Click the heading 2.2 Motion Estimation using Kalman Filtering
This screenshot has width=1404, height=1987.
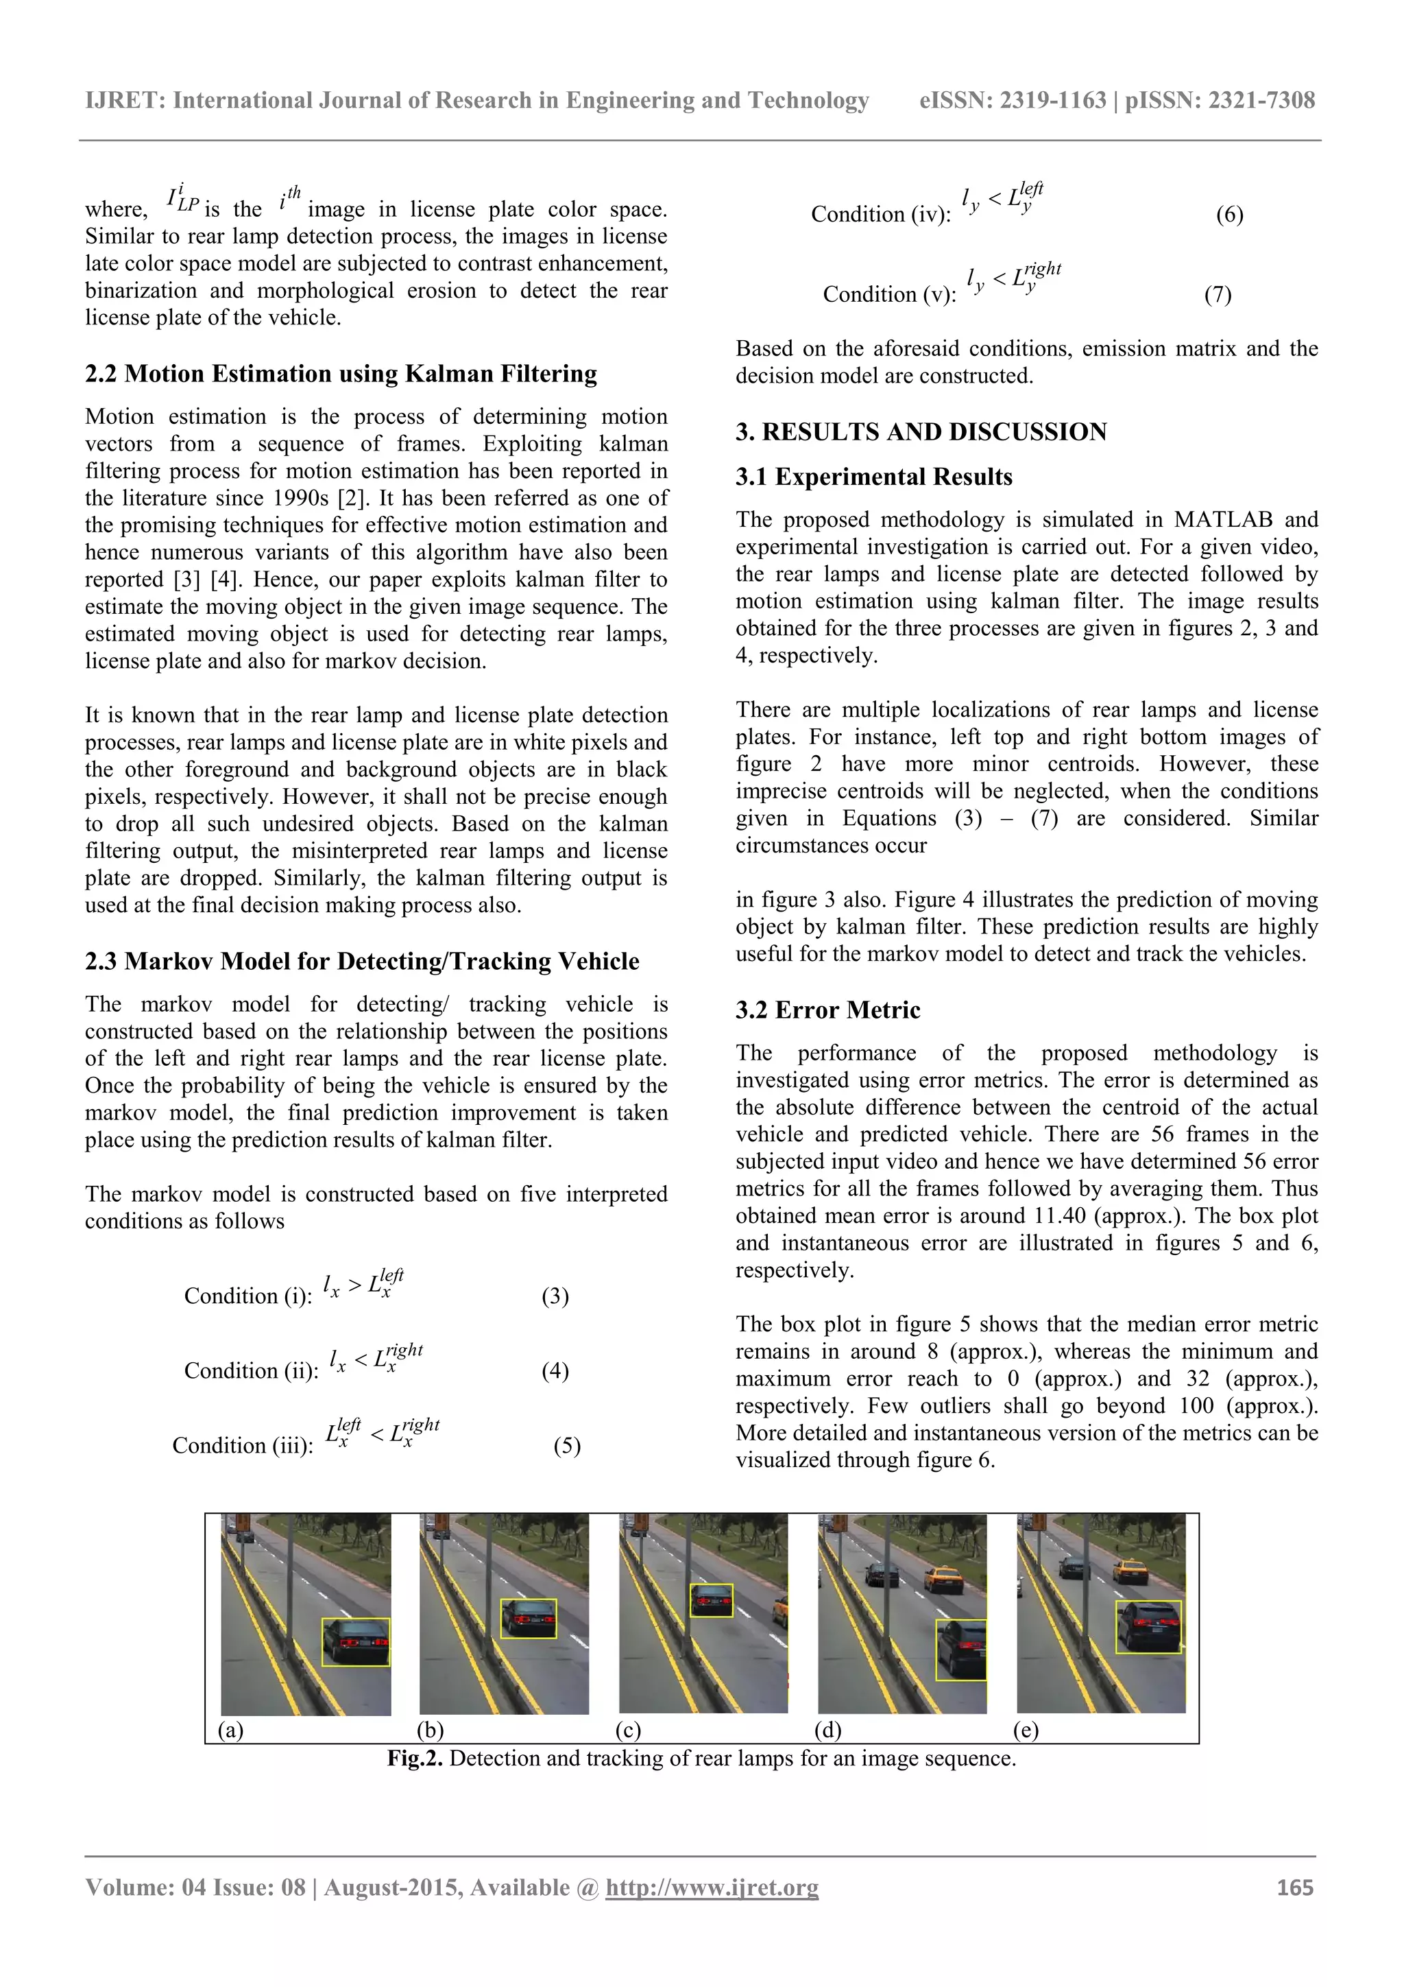341,374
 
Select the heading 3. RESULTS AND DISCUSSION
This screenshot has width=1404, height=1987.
921,432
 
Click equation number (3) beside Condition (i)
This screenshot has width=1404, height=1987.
555,1296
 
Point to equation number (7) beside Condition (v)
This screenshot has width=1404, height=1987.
1217,294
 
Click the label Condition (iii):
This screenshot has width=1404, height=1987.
242,1445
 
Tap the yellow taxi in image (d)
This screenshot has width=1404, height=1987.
942,1580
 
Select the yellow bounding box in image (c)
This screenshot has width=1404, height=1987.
711,1600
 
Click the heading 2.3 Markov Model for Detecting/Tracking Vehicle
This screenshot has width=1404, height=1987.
361,962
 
